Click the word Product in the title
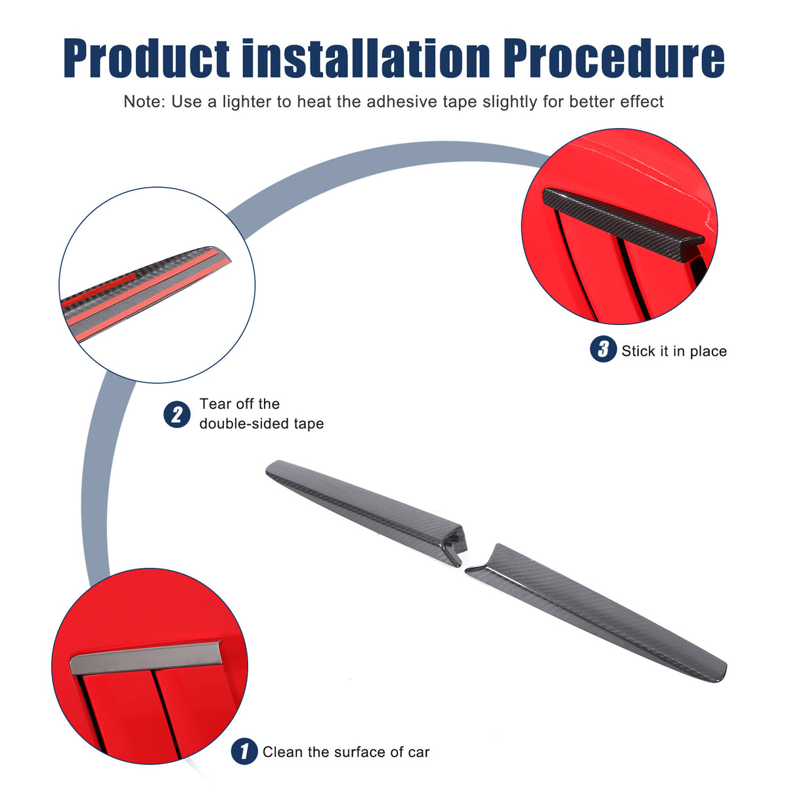coord(146,58)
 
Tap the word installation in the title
coord(366,57)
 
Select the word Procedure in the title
coord(614,58)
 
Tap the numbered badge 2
coord(177,414)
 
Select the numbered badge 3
coord(603,349)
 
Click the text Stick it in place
coord(674,351)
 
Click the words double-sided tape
coord(261,424)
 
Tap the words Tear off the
coord(240,404)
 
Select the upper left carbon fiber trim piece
coord(366,512)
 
